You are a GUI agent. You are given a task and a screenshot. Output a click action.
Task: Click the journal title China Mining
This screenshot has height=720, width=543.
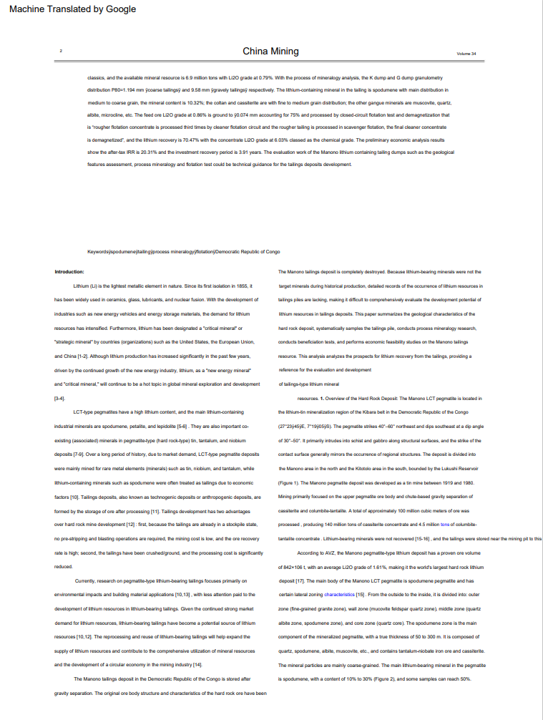coord(270,52)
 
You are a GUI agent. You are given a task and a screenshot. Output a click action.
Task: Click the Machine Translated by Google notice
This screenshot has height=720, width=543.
coord(72,9)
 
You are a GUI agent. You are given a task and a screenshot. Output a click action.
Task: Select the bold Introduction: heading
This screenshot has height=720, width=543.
coord(69,272)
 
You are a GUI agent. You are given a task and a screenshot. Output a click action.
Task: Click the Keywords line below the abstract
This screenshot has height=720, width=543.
coord(183,252)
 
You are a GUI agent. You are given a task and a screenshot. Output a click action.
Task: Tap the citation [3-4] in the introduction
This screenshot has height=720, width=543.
coord(60,398)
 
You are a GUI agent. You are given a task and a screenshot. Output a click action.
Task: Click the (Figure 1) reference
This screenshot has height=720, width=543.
coord(290,482)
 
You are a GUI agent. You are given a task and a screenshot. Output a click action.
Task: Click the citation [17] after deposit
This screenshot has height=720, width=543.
coord(300,580)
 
